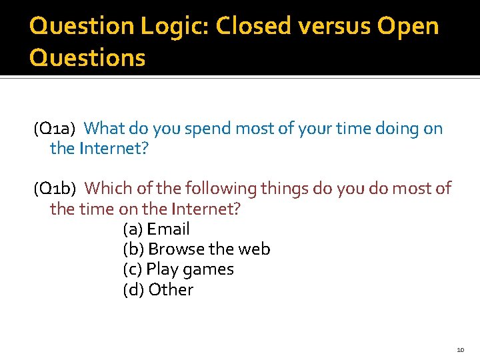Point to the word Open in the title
pyautogui.click(x=408, y=27)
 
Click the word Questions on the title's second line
pyautogui.click(x=87, y=58)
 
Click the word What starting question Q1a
pyautogui.click(x=105, y=128)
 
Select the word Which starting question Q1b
pyautogui.click(x=109, y=189)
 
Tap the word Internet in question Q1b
pyautogui.click(x=205, y=209)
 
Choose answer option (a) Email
pyautogui.click(x=157, y=229)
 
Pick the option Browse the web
pyautogui.click(x=197, y=249)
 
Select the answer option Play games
pyautogui.click(x=179, y=270)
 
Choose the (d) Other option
pyautogui.click(x=158, y=290)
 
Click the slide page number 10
pyautogui.click(x=460, y=350)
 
